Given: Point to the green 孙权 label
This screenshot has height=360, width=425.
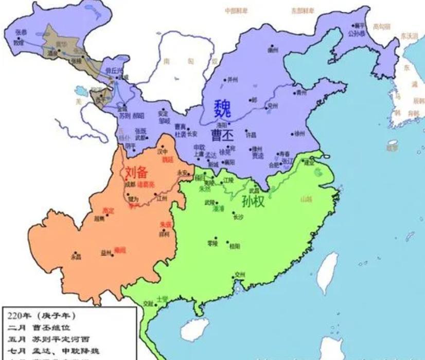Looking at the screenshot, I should tap(253, 202).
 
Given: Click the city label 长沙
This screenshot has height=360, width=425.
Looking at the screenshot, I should tap(237, 217).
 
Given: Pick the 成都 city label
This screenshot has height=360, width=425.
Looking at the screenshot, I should tap(129, 184).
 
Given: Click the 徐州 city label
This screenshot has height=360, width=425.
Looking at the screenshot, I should tap(299, 133).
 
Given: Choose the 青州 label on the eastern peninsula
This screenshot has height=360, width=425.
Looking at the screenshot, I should tap(301, 93).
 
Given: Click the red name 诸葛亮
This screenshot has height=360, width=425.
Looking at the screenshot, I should tap(146, 184).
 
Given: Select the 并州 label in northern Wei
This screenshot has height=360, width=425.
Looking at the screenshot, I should tap(233, 80).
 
